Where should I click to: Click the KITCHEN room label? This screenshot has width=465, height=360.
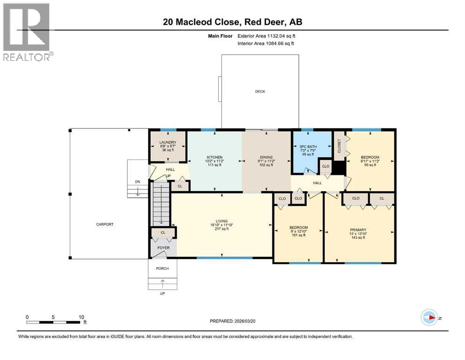click(214, 157)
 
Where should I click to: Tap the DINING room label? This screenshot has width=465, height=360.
click(266, 157)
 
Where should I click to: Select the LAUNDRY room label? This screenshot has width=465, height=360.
click(167, 142)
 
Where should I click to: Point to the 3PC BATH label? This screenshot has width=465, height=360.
click(309, 147)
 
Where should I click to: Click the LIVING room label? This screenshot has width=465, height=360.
click(221, 221)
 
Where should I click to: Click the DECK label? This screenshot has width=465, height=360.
click(260, 91)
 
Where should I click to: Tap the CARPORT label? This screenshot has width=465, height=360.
click(105, 224)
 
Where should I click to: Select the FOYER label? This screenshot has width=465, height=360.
click(163, 247)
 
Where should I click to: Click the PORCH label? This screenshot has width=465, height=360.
click(162, 268)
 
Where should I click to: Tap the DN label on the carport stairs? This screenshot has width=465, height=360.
click(137, 182)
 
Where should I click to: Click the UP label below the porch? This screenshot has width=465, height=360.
click(162, 293)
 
